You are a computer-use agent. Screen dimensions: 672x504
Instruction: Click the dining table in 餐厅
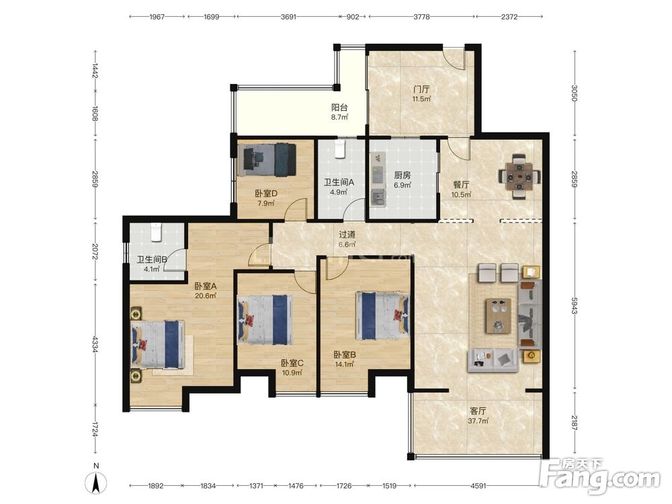519,176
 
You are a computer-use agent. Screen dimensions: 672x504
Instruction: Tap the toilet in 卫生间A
341,149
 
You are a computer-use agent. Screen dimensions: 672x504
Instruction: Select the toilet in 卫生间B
156,232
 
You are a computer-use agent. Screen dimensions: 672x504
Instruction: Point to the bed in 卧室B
382,316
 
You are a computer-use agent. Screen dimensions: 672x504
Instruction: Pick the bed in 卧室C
265,320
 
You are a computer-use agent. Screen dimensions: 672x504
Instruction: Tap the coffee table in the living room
499,316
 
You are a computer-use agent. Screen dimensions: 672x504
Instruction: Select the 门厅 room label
421,89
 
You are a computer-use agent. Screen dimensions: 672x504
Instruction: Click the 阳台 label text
339,108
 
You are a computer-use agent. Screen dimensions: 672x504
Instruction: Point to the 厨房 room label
403,175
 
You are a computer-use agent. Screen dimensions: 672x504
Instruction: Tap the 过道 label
347,235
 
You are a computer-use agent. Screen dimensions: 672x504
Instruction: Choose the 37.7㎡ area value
478,421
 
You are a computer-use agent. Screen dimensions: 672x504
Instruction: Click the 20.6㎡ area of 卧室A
205,296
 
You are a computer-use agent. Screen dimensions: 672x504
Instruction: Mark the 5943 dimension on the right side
575,304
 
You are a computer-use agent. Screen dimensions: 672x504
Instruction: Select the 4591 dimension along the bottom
478,486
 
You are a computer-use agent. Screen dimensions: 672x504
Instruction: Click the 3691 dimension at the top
288,17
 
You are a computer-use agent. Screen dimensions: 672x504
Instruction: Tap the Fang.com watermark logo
600,476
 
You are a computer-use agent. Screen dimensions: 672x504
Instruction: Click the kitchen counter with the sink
378,180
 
